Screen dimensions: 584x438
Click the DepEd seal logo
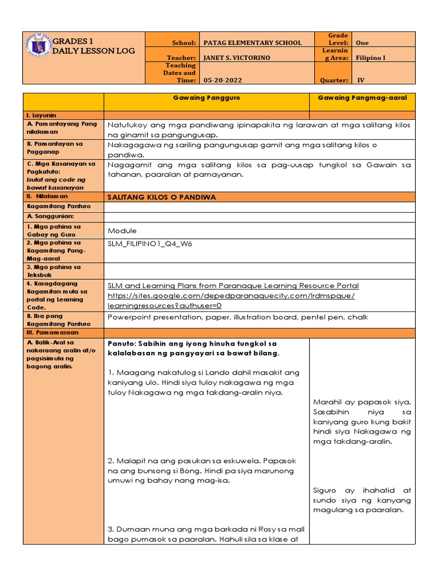(x=38, y=48)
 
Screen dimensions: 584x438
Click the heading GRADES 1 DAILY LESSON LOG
(x=94, y=46)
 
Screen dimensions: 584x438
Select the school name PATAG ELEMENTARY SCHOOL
(x=253, y=43)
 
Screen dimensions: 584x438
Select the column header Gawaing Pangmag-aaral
(x=362, y=98)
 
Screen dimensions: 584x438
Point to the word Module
(x=122, y=231)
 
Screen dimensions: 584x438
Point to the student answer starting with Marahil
(x=362, y=421)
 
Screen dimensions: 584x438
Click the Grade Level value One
(x=362, y=43)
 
